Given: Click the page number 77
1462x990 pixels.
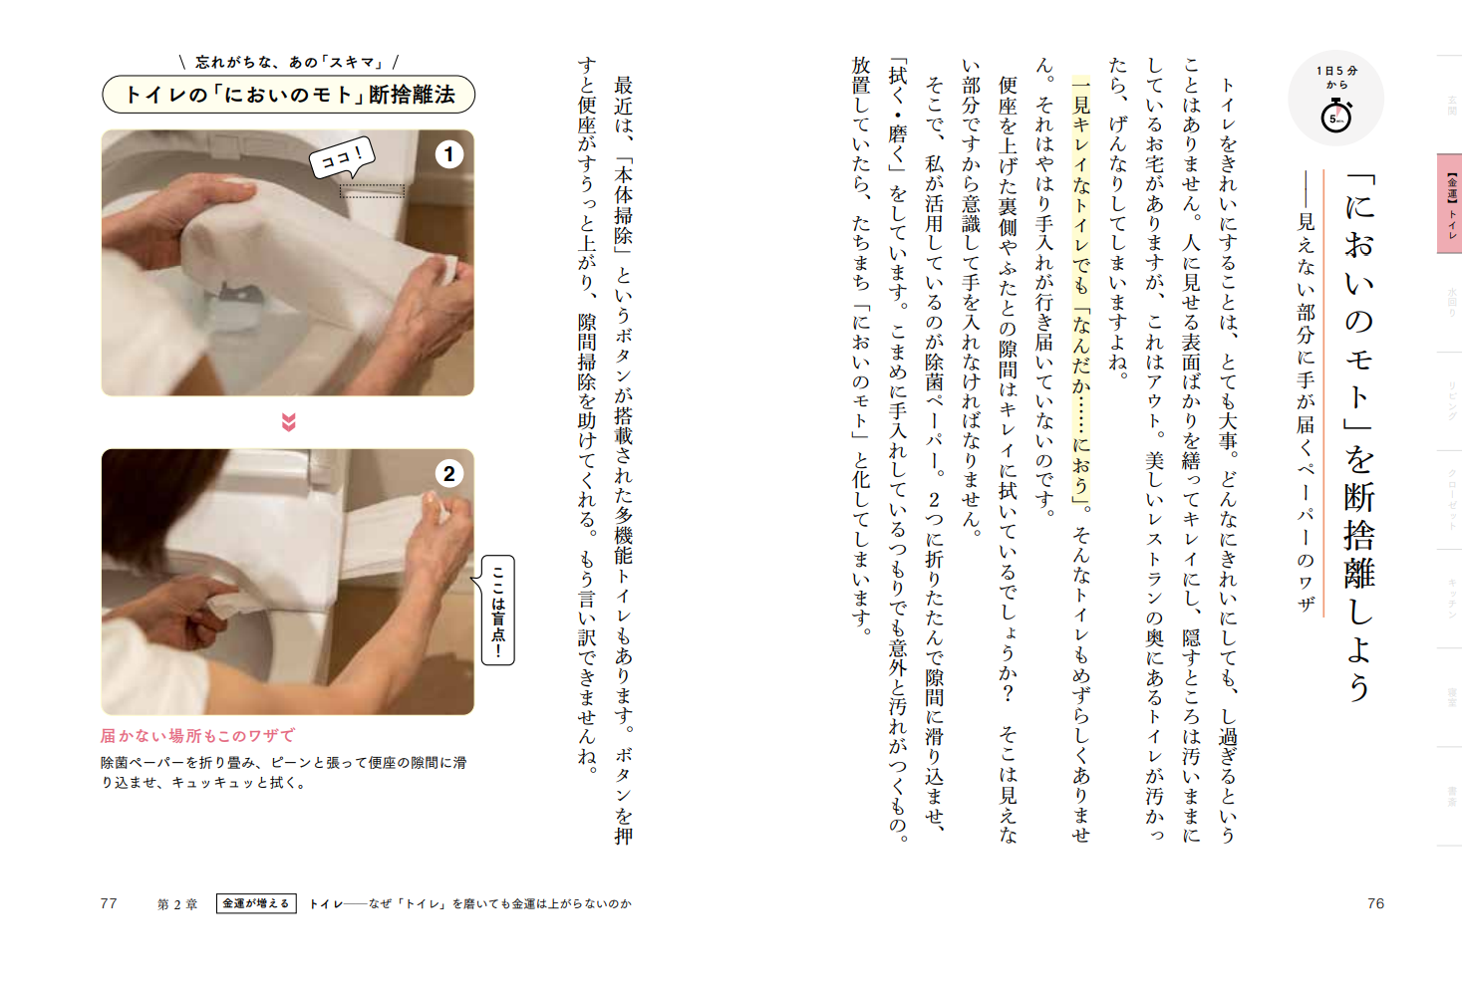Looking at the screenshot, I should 109,903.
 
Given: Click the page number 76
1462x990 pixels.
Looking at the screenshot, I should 1375,903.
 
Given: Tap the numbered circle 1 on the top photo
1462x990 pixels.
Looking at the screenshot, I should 449,154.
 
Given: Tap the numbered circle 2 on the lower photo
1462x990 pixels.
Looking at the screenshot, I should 449,474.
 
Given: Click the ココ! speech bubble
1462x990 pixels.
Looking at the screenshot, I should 342,157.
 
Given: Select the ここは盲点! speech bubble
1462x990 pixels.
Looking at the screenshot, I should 498,610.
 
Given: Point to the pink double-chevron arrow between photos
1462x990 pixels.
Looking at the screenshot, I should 288,422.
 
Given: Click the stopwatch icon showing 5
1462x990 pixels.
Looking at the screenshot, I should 1336,118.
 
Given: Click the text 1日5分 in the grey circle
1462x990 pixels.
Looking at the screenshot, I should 1336,72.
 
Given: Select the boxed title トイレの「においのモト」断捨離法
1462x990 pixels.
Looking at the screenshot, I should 288,95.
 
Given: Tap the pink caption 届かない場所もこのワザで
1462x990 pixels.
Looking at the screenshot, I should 197,736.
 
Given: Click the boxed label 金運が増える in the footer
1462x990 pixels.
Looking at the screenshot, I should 256,903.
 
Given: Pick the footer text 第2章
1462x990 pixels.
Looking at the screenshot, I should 177,904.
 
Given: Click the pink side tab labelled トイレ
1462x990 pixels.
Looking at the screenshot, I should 1450,203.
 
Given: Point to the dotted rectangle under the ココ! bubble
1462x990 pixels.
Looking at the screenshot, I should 372,190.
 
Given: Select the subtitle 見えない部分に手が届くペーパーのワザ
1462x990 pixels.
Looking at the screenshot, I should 1305,398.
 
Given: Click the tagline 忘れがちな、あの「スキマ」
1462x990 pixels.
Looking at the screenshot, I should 288,62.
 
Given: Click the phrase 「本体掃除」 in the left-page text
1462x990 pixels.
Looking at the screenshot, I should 624,204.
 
